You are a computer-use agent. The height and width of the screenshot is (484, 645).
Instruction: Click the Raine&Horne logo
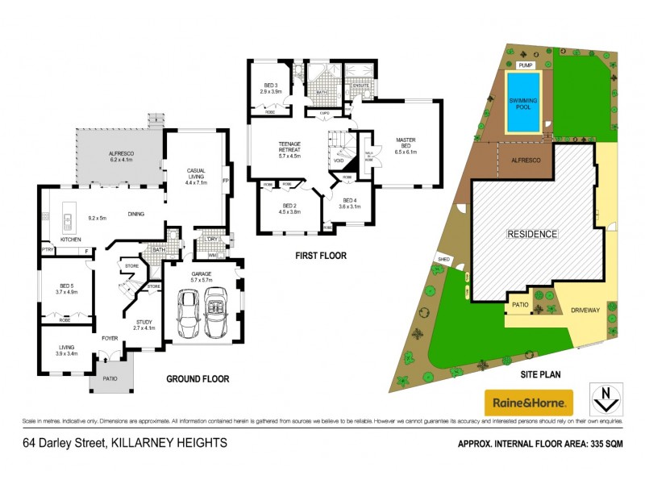[x=528, y=401]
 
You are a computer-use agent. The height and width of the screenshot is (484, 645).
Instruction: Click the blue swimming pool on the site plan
[x=522, y=102]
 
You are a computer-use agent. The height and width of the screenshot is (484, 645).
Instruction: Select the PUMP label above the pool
[x=526, y=64]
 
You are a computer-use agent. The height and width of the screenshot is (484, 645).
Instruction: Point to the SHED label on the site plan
[x=443, y=259]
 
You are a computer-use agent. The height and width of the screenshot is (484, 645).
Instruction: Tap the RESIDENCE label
[x=531, y=234]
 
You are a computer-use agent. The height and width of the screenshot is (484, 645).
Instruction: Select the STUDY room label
[x=142, y=326]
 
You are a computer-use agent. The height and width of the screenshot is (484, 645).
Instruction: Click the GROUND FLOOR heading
[x=198, y=378]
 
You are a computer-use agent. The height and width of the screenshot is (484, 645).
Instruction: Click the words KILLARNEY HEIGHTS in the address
[x=169, y=442]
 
